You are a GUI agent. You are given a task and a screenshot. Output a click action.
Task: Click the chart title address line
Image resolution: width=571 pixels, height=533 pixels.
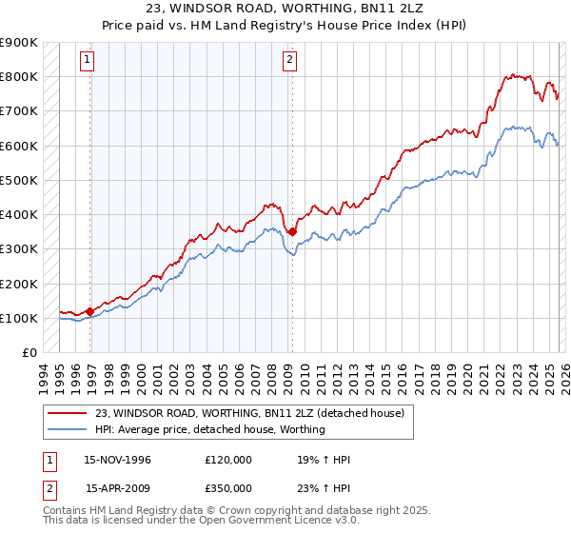285,9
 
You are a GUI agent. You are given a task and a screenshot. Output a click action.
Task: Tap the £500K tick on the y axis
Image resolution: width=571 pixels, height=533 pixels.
18,180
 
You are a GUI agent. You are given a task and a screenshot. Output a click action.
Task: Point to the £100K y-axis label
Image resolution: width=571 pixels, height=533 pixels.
18,318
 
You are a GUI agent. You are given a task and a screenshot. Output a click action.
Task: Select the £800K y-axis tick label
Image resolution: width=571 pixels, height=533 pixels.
18,76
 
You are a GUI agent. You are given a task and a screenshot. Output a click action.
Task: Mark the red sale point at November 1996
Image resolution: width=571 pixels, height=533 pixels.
90,311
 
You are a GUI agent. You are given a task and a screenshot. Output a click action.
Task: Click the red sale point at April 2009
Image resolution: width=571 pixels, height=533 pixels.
292,231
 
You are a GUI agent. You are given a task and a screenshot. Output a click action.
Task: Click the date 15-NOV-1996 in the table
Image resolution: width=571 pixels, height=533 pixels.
118,460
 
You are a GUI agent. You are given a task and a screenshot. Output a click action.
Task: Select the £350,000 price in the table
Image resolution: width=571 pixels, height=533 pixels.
228,487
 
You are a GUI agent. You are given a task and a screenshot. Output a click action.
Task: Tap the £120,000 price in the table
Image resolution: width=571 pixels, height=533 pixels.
228,460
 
